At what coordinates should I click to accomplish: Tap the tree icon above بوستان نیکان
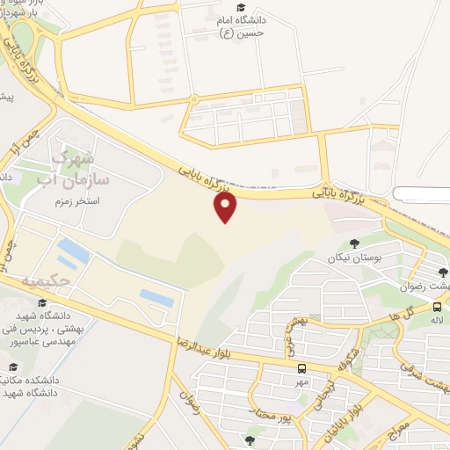[355, 243]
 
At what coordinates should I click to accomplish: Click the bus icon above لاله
[437, 307]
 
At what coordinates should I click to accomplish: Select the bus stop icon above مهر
[302, 368]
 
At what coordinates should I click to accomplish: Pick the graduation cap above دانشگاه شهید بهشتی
[41, 303]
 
